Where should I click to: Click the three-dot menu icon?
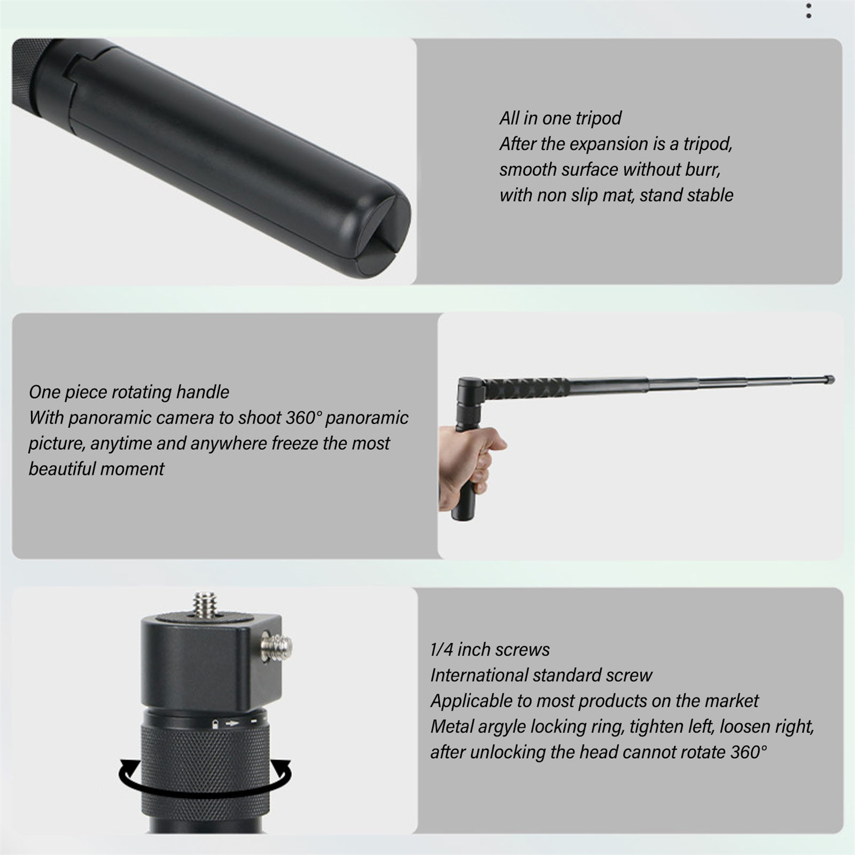(x=809, y=11)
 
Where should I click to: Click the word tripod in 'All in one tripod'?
(x=598, y=119)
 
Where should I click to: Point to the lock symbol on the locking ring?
(x=215, y=724)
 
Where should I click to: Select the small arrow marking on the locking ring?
(x=232, y=724)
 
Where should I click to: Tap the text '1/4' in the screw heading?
(x=442, y=650)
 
